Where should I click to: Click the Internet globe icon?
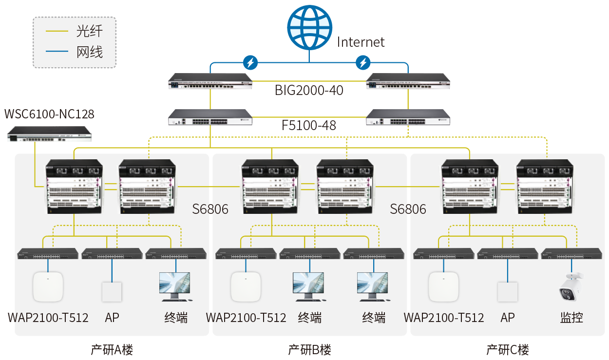[309, 27]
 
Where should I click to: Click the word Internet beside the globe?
[361, 42]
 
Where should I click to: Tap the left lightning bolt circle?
[250, 63]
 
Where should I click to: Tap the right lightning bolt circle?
[363, 63]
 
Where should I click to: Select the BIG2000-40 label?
[309, 90]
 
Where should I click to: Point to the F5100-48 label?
[309, 126]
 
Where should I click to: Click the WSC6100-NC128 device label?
[49, 114]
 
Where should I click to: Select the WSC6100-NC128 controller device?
[49, 134]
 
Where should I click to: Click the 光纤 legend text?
[90, 31]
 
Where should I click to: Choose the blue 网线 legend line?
[57, 51]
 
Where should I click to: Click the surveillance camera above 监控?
[571, 286]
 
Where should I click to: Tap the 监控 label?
[571, 318]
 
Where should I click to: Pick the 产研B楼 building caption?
[309, 350]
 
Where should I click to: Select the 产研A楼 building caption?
[112, 350]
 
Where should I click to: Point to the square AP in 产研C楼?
[507, 292]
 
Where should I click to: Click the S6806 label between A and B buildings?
[210, 209]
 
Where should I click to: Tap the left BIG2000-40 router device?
[210, 81]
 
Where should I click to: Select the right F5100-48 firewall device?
[408, 117]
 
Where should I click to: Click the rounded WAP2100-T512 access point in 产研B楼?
[246, 287]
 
